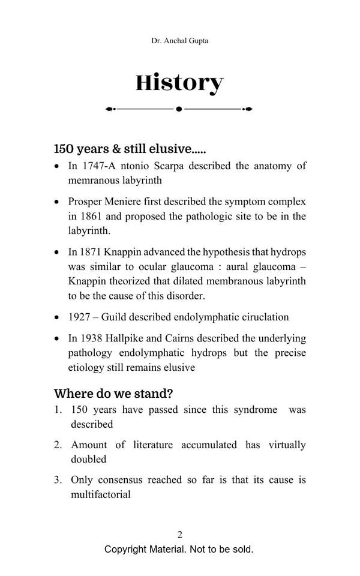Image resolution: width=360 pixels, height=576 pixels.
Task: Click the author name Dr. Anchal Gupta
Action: (180, 41)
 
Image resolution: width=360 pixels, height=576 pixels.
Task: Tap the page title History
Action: (179, 83)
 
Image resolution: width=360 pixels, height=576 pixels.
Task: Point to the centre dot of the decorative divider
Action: (179, 109)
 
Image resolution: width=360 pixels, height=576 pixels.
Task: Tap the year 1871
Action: (92, 252)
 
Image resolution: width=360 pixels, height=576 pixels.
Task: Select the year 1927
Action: (80, 317)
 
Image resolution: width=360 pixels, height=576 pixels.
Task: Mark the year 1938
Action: (92, 338)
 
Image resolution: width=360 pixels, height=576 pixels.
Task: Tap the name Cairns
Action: (186, 338)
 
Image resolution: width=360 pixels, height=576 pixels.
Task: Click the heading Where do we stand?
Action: (113, 394)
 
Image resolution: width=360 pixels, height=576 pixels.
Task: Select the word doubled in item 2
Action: (89, 459)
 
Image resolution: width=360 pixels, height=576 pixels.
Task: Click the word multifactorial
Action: (101, 494)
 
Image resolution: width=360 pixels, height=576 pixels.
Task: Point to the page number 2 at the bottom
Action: (180, 535)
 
